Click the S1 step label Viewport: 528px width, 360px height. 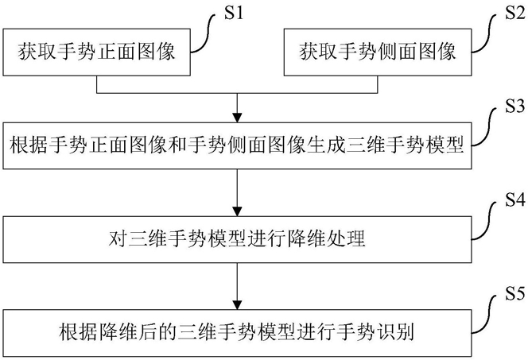[x=233, y=13]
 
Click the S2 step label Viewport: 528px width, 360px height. [x=514, y=13]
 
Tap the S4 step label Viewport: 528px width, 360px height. [x=514, y=199]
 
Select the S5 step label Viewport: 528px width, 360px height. [x=514, y=293]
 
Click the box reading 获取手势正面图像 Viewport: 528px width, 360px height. [x=97, y=52]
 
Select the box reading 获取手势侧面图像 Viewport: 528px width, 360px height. [x=378, y=52]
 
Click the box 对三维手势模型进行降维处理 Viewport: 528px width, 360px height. [x=238, y=239]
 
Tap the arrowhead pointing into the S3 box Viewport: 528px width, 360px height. [x=238, y=118]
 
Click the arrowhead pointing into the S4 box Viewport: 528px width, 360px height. [x=238, y=211]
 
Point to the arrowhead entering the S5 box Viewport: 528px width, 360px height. [x=238, y=305]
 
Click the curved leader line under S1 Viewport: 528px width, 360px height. [x=204, y=33]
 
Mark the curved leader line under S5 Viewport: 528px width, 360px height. [x=485, y=315]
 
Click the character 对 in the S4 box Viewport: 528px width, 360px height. [x=118, y=239]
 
